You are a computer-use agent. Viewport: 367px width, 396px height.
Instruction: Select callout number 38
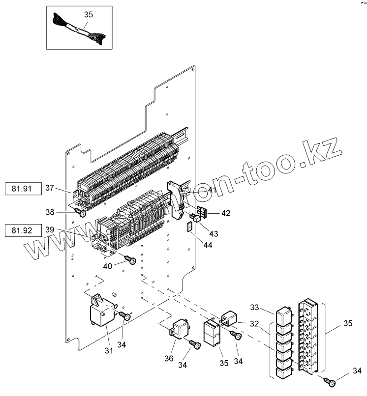tap(51, 213)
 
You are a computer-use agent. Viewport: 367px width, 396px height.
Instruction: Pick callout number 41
tap(198, 189)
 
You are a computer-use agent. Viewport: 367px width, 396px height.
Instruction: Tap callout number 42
tap(225, 213)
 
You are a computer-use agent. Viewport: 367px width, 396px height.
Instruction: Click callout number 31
tap(108, 350)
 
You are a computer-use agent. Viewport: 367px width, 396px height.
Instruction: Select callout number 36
tap(169, 359)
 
